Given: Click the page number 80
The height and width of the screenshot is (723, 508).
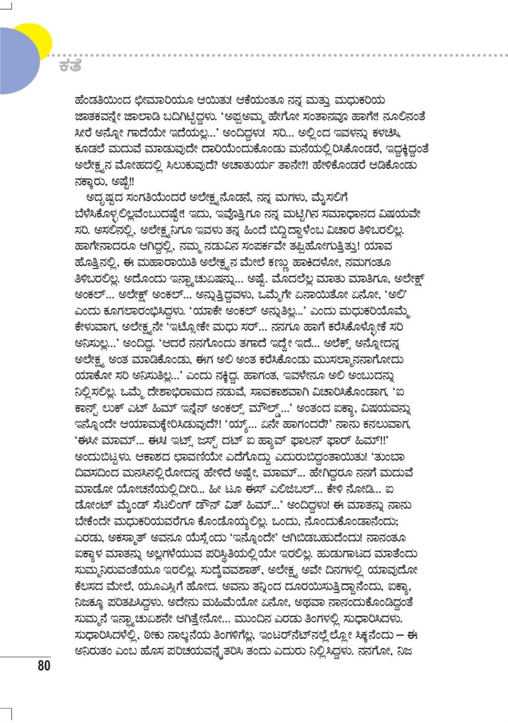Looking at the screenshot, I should (44, 665).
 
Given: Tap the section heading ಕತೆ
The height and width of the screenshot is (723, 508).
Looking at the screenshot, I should (70, 65).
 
